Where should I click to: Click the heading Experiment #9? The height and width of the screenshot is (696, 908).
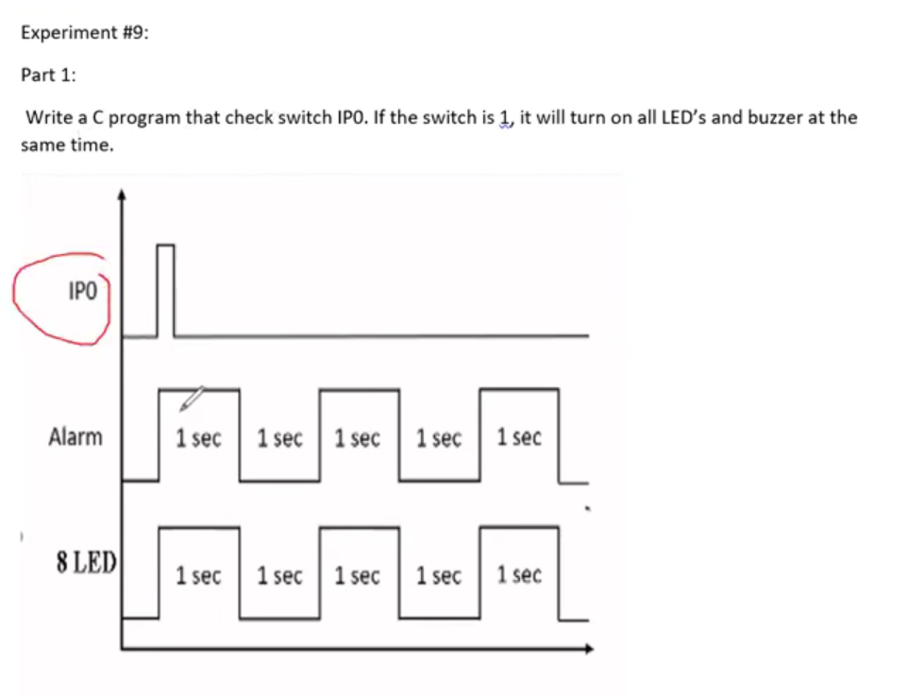[84, 32]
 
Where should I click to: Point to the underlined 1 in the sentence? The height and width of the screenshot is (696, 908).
[506, 117]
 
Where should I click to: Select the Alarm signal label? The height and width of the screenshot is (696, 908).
[76, 437]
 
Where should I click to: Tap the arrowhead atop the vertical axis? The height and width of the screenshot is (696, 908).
[121, 195]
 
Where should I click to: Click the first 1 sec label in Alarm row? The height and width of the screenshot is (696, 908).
[198, 438]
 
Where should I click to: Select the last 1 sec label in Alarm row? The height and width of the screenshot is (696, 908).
[519, 437]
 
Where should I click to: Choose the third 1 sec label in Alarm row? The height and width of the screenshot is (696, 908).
[358, 438]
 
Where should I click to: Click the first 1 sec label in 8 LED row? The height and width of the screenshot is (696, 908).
[198, 575]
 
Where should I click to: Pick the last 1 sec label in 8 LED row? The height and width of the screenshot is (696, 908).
[519, 574]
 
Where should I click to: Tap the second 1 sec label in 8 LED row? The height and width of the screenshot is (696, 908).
[279, 575]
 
